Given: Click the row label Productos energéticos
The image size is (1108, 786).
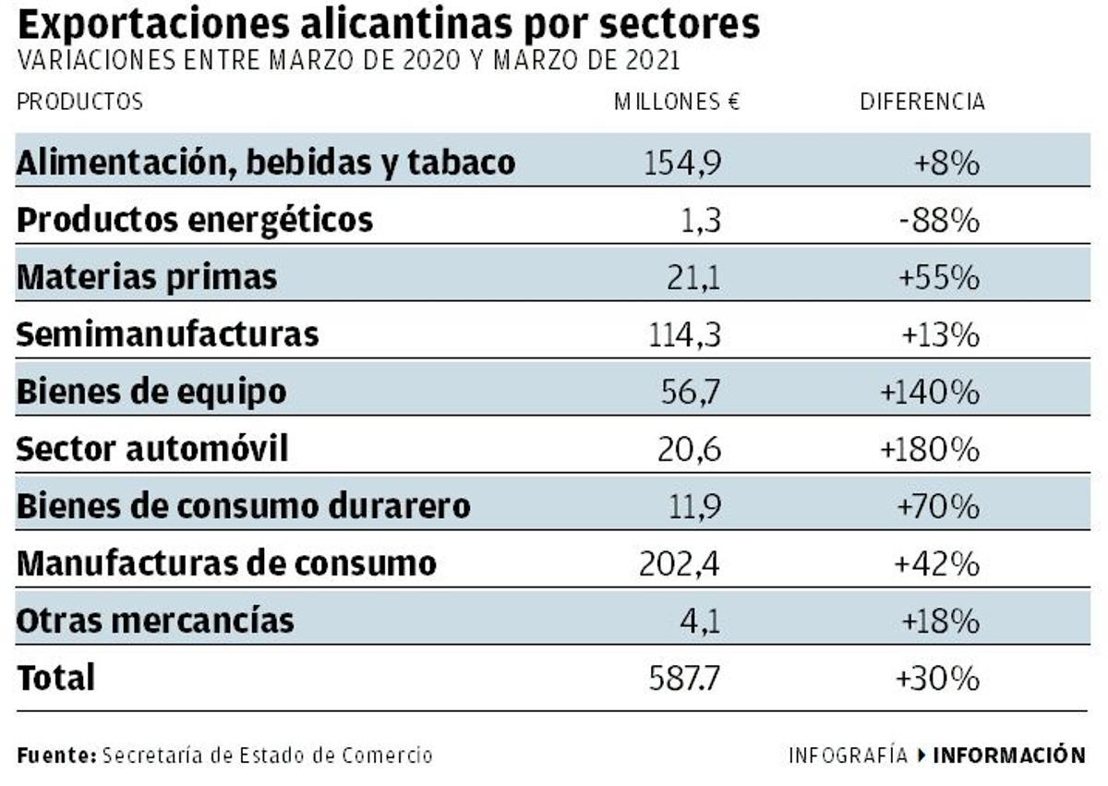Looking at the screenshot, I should click(195, 221).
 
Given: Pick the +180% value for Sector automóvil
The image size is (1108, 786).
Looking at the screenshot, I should click(929, 449).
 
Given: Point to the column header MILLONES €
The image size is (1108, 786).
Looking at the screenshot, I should click(677, 102).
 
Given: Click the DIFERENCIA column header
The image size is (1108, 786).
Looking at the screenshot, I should click(922, 102).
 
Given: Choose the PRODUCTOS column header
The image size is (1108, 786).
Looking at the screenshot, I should click(79, 102).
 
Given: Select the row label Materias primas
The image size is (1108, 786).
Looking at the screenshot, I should click(147, 277).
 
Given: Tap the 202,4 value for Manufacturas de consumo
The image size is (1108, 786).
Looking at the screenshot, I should click(680, 563).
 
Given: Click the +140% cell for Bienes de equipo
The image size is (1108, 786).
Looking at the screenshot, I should click(929, 393).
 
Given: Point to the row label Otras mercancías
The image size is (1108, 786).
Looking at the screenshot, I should click(155, 620).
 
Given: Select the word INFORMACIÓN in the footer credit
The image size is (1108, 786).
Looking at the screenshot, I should click(1009, 755).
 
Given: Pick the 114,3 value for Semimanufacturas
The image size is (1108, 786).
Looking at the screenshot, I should click(684, 334).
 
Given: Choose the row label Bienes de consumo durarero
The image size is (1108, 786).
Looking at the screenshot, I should click(244, 506).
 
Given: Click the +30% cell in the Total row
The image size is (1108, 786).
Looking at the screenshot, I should click(936, 679).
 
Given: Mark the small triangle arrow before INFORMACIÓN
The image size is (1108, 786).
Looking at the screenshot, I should click(921, 755).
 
